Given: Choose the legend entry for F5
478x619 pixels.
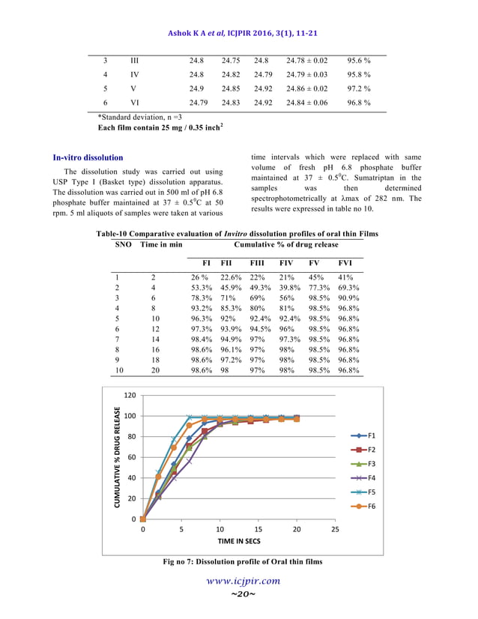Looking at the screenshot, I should point(366,492).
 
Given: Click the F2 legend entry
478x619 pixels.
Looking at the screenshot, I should point(366,449).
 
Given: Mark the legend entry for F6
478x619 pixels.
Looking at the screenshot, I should point(366,506).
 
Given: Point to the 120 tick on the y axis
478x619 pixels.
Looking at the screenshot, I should point(129,395).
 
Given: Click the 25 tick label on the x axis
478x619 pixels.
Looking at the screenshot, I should point(334,529).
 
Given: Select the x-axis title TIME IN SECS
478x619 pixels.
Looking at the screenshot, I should point(239,540).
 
